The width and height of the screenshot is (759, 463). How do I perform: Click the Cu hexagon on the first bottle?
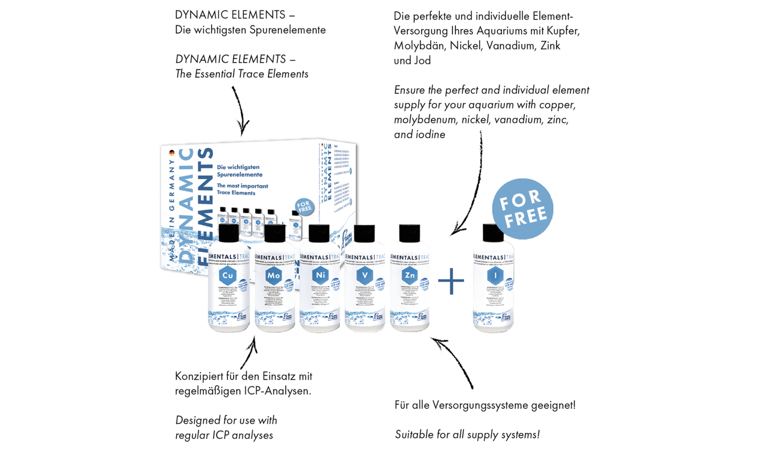228,275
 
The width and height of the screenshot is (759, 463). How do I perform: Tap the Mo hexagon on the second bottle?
274,275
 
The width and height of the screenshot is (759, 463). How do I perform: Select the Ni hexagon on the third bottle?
320,275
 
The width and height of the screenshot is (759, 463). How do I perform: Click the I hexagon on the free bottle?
495,275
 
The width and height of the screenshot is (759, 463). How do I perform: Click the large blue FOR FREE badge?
523,209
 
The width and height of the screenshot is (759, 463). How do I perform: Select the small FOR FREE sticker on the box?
304,207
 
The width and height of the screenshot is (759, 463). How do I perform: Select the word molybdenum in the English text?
426,120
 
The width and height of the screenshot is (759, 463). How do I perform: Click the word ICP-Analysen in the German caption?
277,391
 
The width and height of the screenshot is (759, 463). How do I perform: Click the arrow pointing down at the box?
240,111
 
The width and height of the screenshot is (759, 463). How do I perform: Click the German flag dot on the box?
172,153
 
